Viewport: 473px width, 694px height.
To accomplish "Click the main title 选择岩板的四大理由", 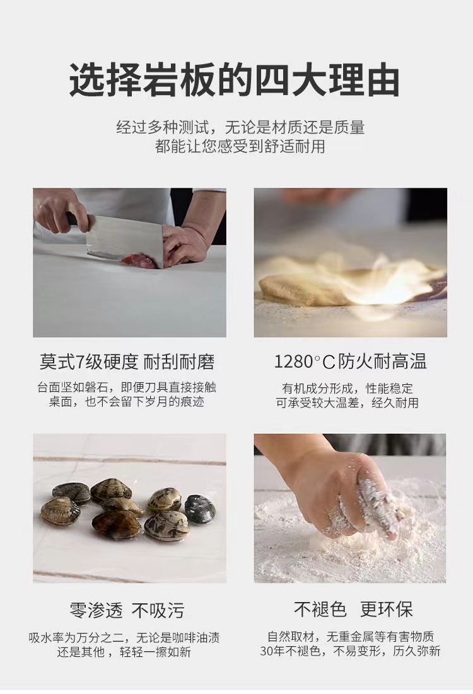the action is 235,81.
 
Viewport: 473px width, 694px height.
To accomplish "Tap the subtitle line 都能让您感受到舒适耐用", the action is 240,146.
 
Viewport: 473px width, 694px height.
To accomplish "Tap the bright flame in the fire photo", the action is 381,283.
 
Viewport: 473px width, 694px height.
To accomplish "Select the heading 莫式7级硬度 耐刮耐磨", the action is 127,362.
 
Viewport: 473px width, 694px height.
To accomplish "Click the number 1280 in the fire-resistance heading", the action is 294,362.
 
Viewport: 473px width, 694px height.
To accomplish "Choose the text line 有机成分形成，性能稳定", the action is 347,388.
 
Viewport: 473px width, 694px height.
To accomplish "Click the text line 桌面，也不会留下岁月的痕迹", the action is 126,402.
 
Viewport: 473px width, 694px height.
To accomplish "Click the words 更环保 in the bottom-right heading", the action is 387,610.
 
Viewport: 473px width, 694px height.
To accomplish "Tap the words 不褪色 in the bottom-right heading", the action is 320,610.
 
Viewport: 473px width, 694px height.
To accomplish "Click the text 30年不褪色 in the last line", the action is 290,651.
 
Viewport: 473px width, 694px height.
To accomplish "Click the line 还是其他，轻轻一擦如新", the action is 124,652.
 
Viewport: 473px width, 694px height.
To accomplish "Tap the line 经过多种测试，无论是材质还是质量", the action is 240,127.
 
